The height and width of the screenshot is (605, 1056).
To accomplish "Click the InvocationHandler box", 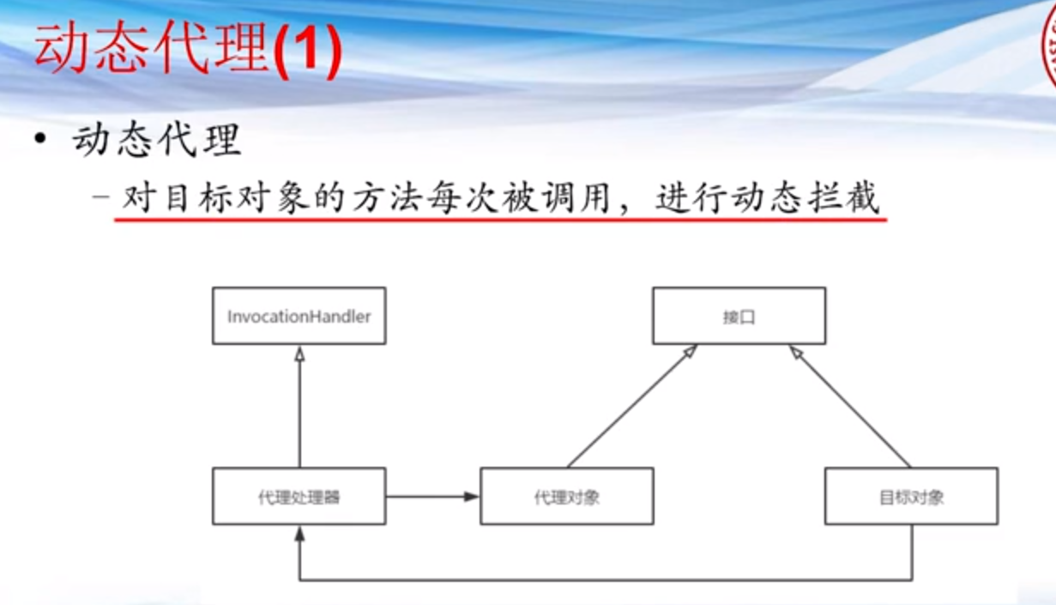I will point(299,316).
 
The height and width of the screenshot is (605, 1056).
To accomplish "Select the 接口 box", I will point(739,316).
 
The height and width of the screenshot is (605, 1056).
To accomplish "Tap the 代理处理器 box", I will point(299,496).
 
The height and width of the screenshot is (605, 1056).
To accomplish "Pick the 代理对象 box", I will point(567,496).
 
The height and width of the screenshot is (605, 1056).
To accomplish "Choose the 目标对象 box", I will point(911,496).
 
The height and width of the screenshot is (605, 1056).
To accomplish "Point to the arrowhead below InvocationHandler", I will point(299,354).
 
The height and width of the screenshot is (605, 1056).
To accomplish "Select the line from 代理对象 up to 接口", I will point(631,407).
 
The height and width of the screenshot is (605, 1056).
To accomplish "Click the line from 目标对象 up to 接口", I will point(849,407).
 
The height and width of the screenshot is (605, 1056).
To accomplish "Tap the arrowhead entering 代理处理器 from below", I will point(299,534).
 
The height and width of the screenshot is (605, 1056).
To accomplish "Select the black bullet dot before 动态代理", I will point(40,139).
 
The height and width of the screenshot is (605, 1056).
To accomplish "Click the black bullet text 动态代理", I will point(156,139).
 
